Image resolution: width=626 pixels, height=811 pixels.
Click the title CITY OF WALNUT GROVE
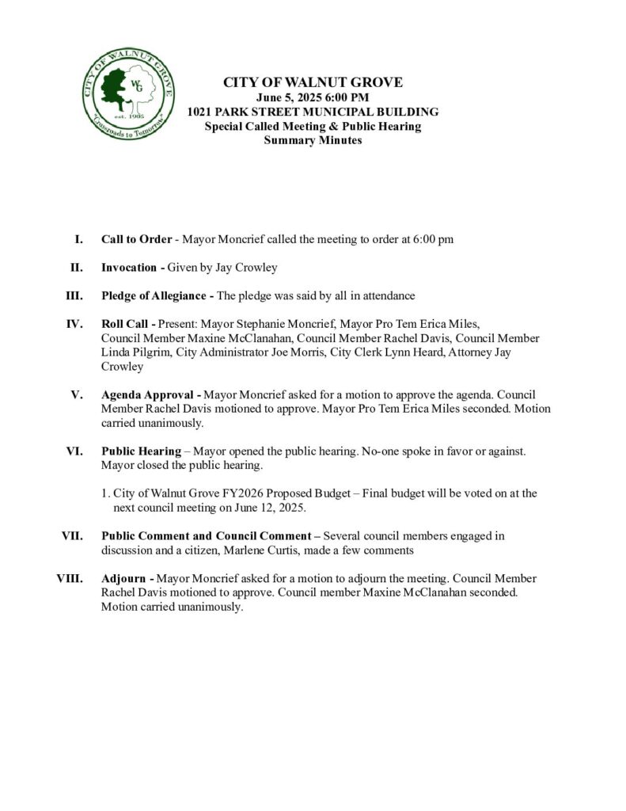click(x=313, y=82)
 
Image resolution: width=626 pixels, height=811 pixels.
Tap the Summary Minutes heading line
click(x=313, y=140)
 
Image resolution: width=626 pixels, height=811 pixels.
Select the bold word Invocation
click(x=129, y=268)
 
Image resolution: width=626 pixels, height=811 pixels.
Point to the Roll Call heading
click(x=126, y=324)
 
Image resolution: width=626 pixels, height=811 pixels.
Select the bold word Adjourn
click(x=123, y=578)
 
